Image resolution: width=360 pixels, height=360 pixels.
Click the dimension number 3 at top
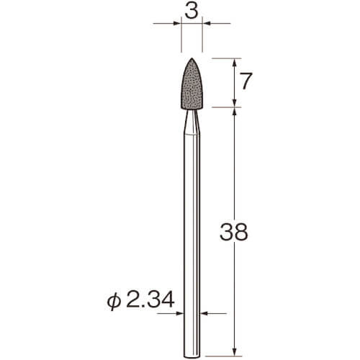[x=191, y=12]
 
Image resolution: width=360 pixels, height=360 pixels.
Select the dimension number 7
[x=246, y=81]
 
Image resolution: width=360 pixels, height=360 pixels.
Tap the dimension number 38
[x=233, y=232]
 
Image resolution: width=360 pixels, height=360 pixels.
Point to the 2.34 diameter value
[x=150, y=300]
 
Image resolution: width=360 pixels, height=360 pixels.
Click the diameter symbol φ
[x=114, y=302]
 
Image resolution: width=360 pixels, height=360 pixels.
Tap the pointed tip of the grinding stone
[x=192, y=58]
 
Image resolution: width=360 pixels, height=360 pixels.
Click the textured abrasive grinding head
[x=192, y=84]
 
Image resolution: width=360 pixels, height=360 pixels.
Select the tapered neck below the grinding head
[x=192, y=121]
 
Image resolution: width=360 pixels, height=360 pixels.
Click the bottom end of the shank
[x=192, y=356]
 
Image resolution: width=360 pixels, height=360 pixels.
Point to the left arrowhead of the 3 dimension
[x=177, y=23]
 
